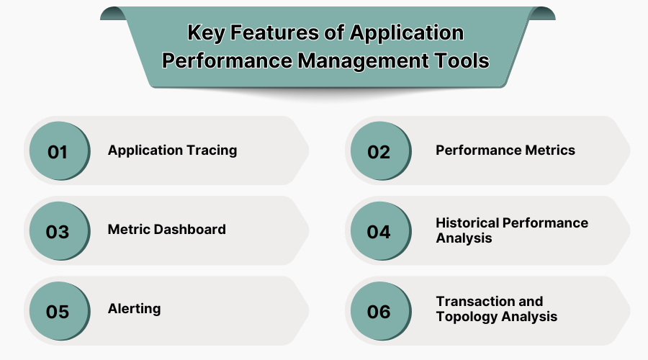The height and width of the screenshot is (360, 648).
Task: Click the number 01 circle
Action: (x=58, y=152)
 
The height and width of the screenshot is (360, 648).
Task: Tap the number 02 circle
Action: (x=379, y=152)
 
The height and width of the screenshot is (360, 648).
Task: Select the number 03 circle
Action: (x=58, y=232)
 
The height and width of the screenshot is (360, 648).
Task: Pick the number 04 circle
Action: (x=379, y=232)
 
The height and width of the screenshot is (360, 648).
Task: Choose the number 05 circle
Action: (x=58, y=312)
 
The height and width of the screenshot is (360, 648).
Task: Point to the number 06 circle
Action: (x=379, y=312)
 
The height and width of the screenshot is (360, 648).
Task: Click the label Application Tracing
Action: (x=172, y=150)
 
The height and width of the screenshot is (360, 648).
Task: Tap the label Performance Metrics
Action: (x=505, y=150)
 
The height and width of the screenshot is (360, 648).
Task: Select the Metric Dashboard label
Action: (x=166, y=230)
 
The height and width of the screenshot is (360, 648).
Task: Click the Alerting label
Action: (x=134, y=309)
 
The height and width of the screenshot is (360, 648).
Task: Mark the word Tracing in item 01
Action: (x=212, y=150)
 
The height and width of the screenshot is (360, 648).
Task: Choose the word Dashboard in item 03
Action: (x=190, y=230)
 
